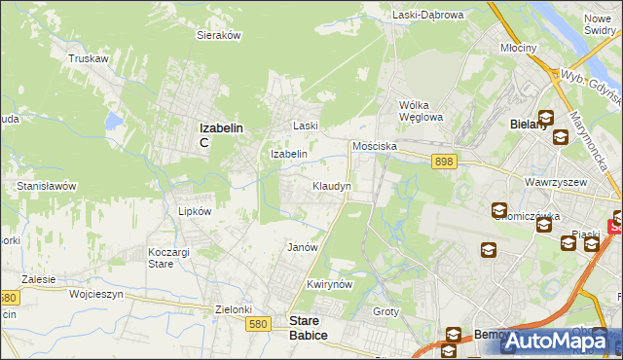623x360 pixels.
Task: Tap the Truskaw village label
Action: pyautogui.click(x=87, y=58)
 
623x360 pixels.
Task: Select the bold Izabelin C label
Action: pyautogui.click(x=220, y=133)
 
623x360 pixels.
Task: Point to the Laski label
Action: pyautogui.click(x=307, y=126)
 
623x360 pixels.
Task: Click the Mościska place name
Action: pyautogui.click(x=375, y=145)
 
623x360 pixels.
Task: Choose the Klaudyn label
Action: pyautogui.click(x=331, y=185)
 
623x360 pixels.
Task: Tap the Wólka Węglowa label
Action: pyautogui.click(x=421, y=111)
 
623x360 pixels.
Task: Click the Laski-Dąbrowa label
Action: pyautogui.click(x=429, y=15)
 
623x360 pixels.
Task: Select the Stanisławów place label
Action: pyautogui.click(x=47, y=185)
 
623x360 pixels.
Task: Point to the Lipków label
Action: pyautogui.click(x=195, y=210)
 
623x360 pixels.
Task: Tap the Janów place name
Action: pyautogui.click(x=303, y=247)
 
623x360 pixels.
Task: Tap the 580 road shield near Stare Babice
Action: pyautogui.click(x=258, y=323)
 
